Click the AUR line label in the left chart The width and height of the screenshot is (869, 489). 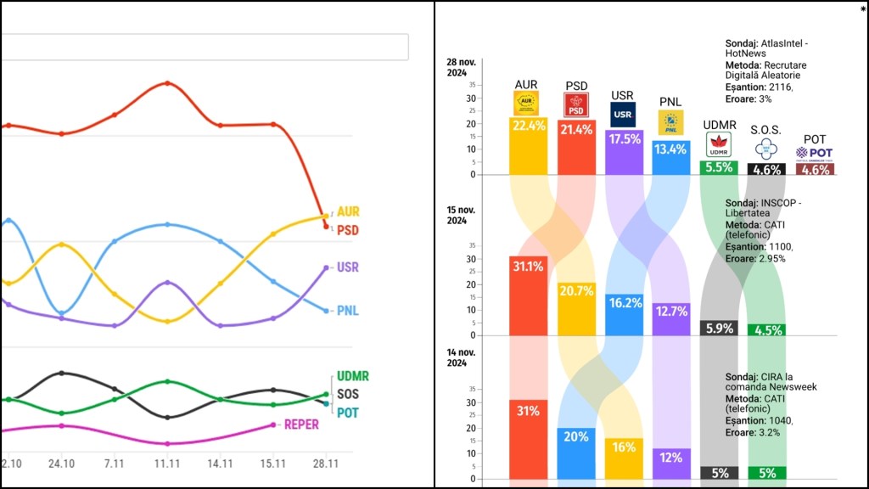pos(348,211)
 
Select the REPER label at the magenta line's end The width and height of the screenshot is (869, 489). pos(301,424)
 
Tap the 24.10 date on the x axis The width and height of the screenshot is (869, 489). pos(61,464)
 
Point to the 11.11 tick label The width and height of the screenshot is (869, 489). pos(167,464)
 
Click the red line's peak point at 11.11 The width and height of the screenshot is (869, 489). pos(167,83)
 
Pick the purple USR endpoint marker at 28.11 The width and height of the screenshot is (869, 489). pos(327,267)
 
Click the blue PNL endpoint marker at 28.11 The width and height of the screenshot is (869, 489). pos(326,311)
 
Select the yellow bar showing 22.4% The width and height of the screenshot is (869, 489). pos(529,145)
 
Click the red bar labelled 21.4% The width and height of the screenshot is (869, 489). pos(576,147)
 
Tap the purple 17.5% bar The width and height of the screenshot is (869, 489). pos(624,152)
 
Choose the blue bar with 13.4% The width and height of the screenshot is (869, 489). pos(671,157)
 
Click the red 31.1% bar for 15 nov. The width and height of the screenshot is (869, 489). pos(528,295)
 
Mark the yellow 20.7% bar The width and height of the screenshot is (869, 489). pos(576,308)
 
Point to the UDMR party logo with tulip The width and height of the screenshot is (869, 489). pos(719,144)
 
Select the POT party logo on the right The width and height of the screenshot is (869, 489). pos(814,153)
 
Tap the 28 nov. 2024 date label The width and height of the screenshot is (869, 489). pos(463,67)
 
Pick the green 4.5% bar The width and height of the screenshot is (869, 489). pos(766,330)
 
